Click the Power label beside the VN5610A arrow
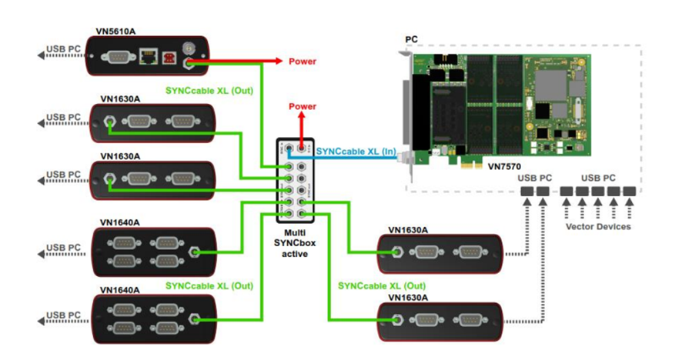point(302,62)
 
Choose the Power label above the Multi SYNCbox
point(302,107)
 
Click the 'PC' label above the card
point(412,39)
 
